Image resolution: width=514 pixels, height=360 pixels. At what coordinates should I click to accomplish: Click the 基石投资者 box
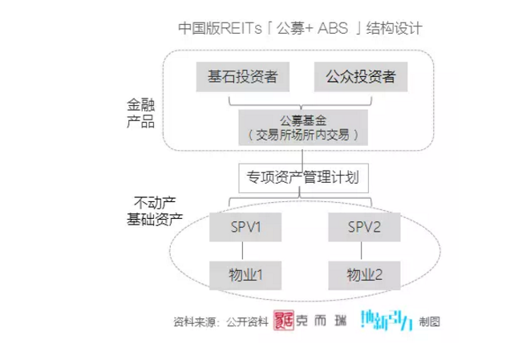point(242,77)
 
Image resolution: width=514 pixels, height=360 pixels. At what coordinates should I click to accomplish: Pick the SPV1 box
point(242,227)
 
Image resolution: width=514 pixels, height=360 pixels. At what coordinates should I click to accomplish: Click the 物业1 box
point(242,275)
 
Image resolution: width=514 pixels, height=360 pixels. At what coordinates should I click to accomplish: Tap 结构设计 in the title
point(394,28)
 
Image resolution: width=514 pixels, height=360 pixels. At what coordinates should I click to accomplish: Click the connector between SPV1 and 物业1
point(242,251)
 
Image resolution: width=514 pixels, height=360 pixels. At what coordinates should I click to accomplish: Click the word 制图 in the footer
point(429,322)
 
